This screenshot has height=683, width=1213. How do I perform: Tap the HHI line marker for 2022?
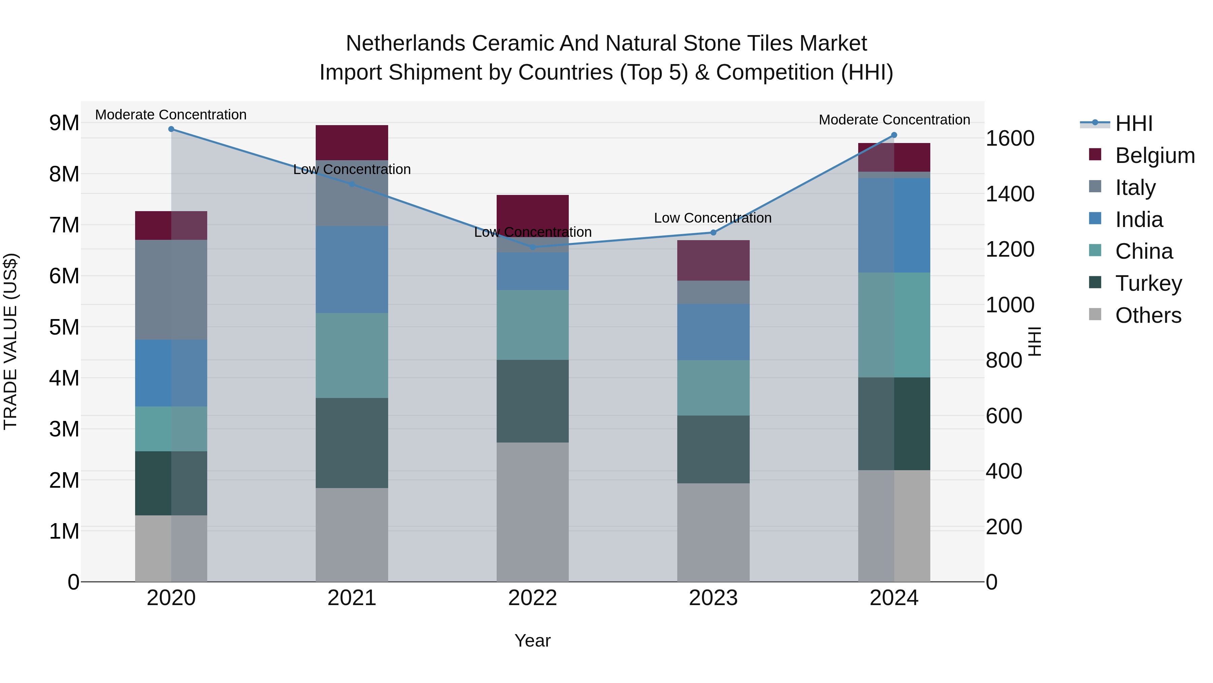click(533, 247)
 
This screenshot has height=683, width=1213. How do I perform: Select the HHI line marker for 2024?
click(894, 135)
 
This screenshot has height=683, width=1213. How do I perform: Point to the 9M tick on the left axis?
click(64, 123)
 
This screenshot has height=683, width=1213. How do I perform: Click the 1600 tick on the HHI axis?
click(1010, 139)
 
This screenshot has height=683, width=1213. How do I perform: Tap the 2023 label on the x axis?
click(713, 598)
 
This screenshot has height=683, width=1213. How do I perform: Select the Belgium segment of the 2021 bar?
click(352, 142)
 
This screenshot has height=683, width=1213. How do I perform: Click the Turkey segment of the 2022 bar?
click(533, 401)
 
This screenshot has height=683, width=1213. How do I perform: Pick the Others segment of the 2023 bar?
click(713, 532)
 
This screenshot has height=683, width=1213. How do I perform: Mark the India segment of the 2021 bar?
click(352, 269)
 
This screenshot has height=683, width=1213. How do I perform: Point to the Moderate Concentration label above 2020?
click(171, 115)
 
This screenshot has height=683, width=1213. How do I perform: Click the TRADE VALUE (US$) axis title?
click(10, 341)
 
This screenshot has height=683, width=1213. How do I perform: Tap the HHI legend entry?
click(1133, 123)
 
